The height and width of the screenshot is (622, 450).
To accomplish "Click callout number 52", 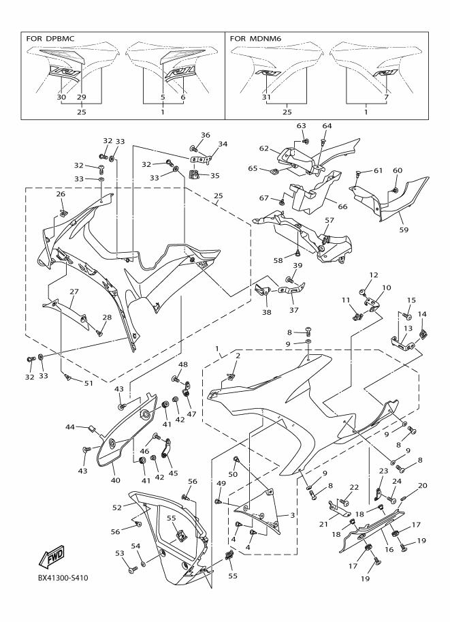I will [x=116, y=507].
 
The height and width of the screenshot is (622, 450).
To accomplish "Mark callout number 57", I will [x=329, y=220].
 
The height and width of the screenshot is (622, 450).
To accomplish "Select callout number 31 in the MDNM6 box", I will [x=266, y=97].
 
